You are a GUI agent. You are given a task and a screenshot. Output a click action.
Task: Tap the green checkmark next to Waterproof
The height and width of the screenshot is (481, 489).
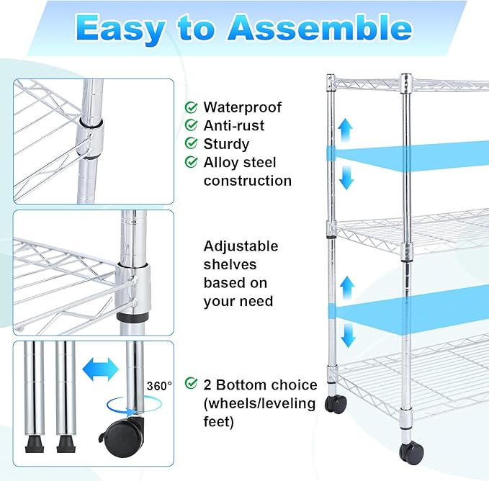[x=192, y=107]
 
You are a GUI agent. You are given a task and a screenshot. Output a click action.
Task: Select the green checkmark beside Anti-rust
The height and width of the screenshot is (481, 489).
[x=192, y=125]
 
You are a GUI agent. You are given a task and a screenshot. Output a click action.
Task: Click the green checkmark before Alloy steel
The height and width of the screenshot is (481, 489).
[x=192, y=162]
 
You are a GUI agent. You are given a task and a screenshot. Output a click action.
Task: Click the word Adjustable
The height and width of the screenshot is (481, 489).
[x=241, y=246]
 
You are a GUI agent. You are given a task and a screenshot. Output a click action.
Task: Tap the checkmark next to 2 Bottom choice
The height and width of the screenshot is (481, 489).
[x=192, y=384]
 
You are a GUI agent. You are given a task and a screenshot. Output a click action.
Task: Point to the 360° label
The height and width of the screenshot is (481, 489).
[x=160, y=386]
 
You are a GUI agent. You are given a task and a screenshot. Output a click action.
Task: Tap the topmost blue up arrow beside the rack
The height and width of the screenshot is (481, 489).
[x=347, y=130]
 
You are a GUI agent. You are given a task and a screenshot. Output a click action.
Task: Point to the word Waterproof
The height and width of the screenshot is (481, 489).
[x=243, y=107]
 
